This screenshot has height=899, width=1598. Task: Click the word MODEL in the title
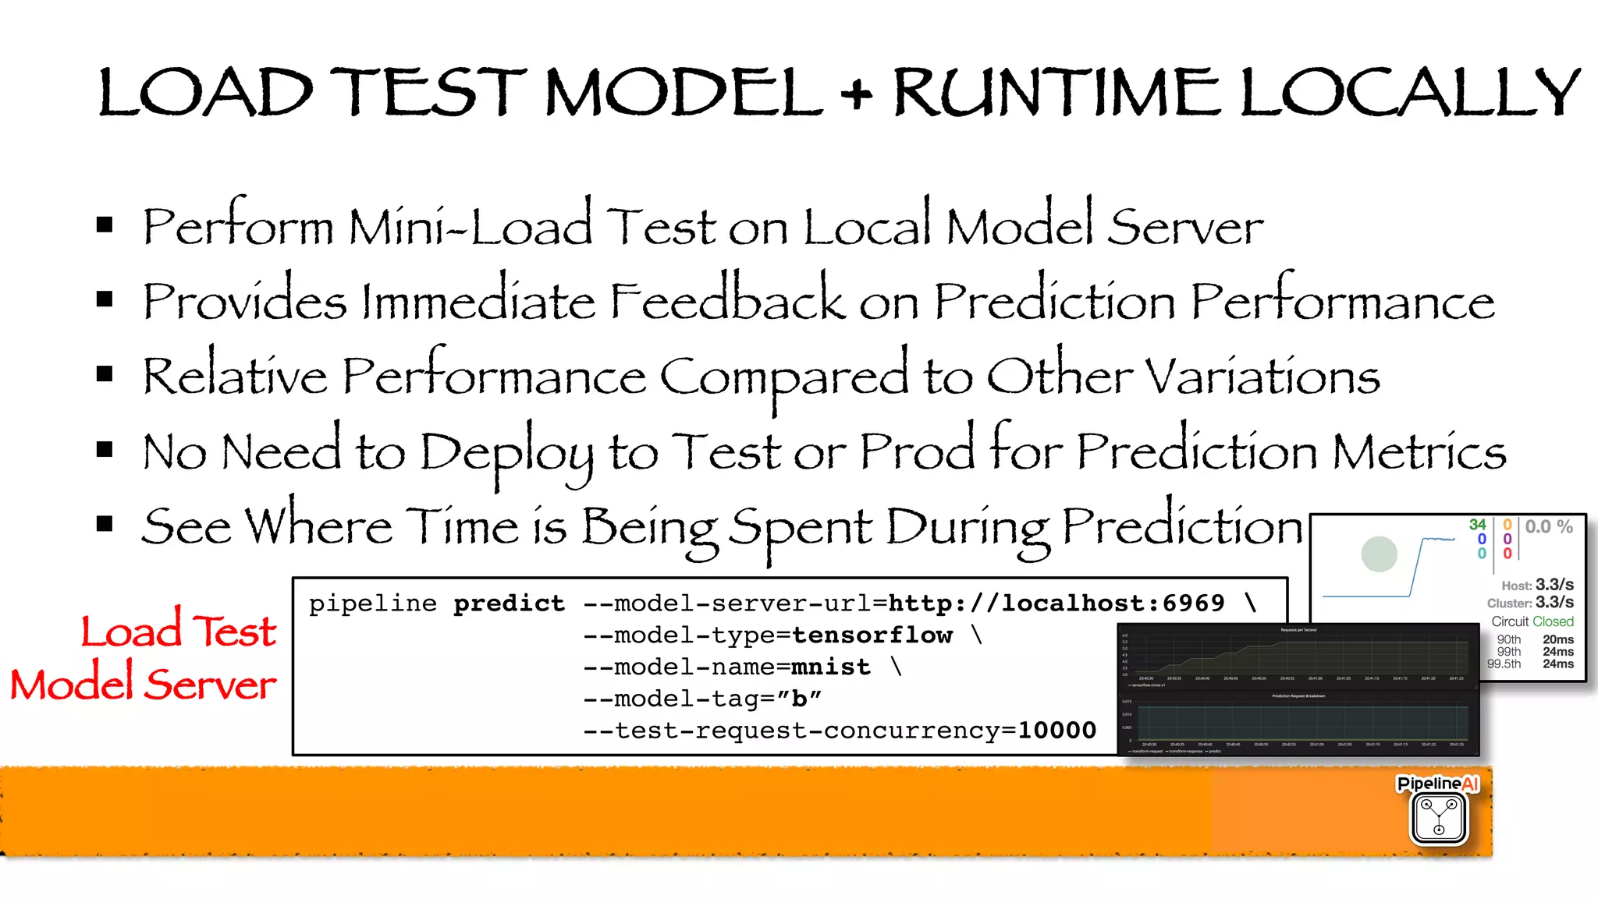pos(684,93)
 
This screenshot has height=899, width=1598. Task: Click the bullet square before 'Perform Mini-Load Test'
pos(105,226)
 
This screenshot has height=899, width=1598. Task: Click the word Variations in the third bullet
pos(1262,377)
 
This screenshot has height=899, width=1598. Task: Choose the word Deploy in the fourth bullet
pos(506,453)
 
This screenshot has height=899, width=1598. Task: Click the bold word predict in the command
pos(510,603)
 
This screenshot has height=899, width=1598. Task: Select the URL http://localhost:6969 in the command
pos(1056,603)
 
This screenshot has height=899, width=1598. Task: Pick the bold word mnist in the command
pos(831,667)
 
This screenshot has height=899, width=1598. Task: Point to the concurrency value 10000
pos(1056,731)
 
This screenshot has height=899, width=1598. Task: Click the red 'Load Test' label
pos(179,631)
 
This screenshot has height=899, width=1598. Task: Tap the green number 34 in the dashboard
pos(1477,525)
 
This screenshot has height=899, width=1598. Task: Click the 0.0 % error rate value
pos(1549,527)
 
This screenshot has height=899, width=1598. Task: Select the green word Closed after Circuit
pos(1553,621)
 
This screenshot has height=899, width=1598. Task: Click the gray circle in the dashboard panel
pos(1379,554)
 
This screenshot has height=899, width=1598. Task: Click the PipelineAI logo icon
pos(1439,816)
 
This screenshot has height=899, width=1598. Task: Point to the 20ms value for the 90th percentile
pos(1557,639)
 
